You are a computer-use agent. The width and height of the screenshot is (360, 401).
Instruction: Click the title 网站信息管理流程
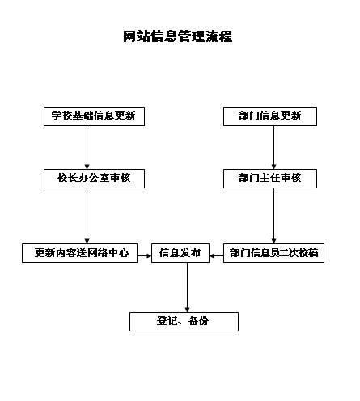tap(178, 36)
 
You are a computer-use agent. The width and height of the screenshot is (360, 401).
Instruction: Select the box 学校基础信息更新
tap(94, 116)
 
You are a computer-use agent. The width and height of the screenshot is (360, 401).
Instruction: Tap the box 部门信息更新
tap(270, 116)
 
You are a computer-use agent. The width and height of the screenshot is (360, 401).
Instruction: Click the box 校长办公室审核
tap(94, 179)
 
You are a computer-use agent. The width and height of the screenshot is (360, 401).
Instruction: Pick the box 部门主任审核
tap(270, 179)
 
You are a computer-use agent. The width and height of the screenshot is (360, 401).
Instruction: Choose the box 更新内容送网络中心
tap(79, 253)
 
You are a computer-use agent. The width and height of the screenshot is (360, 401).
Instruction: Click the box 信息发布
tap(180, 253)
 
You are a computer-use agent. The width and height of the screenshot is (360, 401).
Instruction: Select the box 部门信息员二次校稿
tap(273, 253)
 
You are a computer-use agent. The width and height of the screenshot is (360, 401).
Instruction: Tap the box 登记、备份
tap(184, 322)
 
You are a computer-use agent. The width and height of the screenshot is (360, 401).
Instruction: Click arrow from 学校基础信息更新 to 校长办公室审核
tap(87, 148)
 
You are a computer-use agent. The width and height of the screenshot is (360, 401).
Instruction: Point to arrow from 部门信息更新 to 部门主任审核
tap(273, 148)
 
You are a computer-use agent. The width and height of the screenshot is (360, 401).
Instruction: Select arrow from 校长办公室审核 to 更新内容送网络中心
tap(87, 216)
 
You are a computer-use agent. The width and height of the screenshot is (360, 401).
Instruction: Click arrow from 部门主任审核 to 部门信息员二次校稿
tap(273, 216)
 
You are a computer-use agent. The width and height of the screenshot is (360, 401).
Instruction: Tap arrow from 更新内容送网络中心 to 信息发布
tap(144, 255)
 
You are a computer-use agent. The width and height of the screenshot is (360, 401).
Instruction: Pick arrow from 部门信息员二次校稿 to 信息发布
tap(216, 255)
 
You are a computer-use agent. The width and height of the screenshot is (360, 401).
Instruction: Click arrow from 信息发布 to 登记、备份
tap(187, 288)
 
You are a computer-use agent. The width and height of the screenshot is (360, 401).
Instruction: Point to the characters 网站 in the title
tap(137, 36)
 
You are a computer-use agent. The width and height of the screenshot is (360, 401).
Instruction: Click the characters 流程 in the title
tap(219, 36)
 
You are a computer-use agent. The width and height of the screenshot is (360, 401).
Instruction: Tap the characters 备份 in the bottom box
tap(199, 321)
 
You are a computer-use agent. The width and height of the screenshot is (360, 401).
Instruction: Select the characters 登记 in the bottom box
tap(167, 321)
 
